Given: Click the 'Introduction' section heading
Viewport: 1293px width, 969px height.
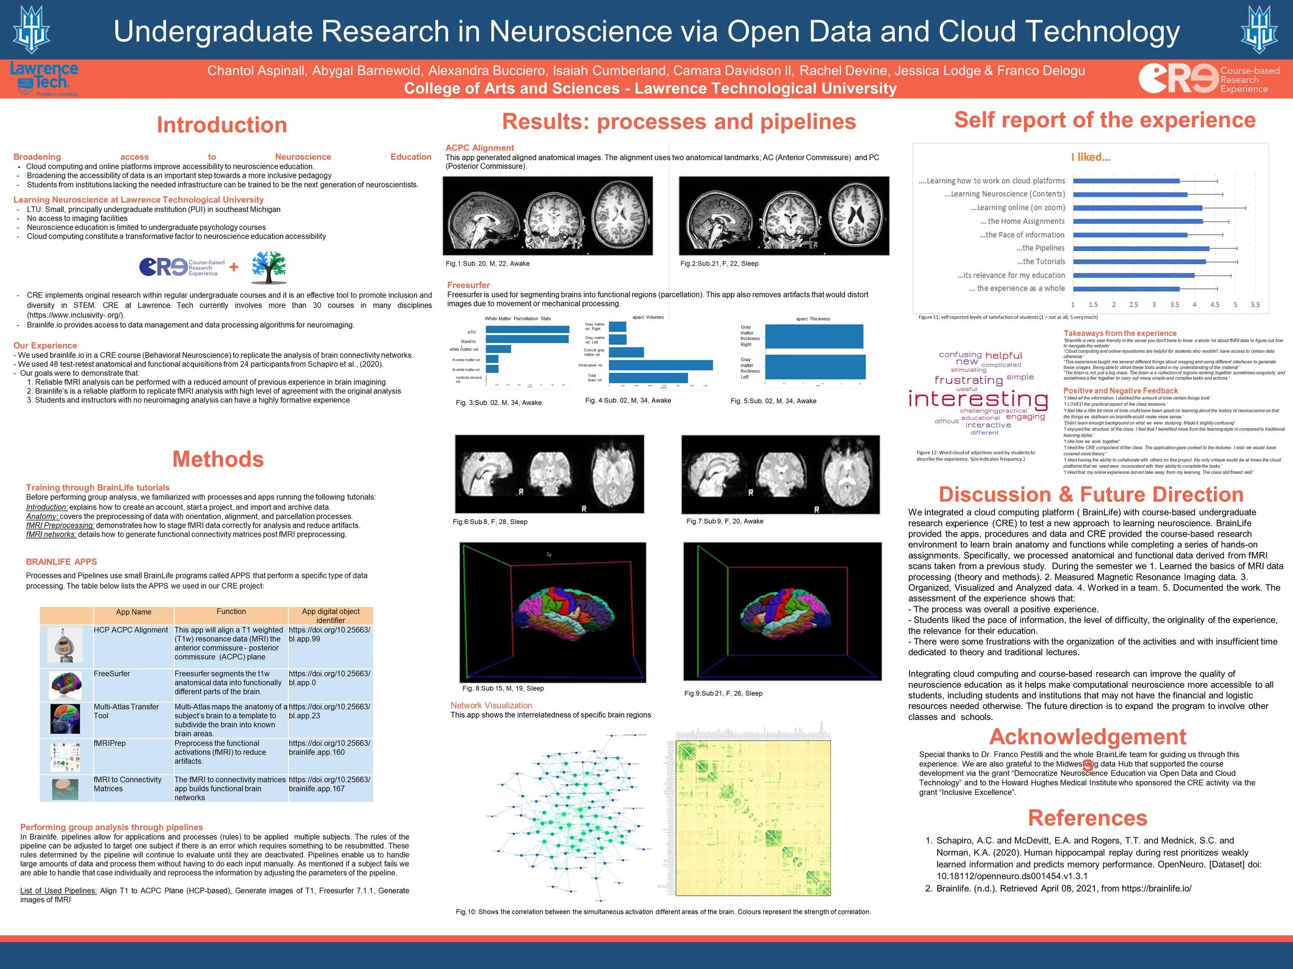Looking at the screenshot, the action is [221, 125].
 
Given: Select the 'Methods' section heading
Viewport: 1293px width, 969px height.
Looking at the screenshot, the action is [218, 459].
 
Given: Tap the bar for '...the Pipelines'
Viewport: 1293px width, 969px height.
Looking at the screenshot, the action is [1141, 248].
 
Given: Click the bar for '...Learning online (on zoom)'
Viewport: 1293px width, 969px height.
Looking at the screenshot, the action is [1137, 208].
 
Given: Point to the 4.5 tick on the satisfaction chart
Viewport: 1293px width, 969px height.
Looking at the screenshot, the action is [1215, 305].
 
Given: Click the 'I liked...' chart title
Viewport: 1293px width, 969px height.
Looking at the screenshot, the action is [1091, 157].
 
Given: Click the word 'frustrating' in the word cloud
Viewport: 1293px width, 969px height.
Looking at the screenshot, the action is [969, 380].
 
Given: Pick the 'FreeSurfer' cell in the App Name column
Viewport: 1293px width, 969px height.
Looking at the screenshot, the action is [112, 673].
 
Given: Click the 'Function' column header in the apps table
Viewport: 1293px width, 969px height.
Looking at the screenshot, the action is [231, 611].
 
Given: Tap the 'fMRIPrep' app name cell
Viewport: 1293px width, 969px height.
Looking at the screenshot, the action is [110, 743].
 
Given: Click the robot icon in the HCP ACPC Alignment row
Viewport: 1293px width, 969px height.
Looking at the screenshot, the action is [65, 645].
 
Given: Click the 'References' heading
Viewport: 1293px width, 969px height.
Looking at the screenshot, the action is [1087, 818].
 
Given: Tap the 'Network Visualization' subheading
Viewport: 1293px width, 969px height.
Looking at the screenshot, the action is [491, 705].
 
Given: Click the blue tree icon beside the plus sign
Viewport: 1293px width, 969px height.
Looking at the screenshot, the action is [269, 268].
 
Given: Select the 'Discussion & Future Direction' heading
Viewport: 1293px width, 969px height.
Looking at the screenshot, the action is [1091, 494].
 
